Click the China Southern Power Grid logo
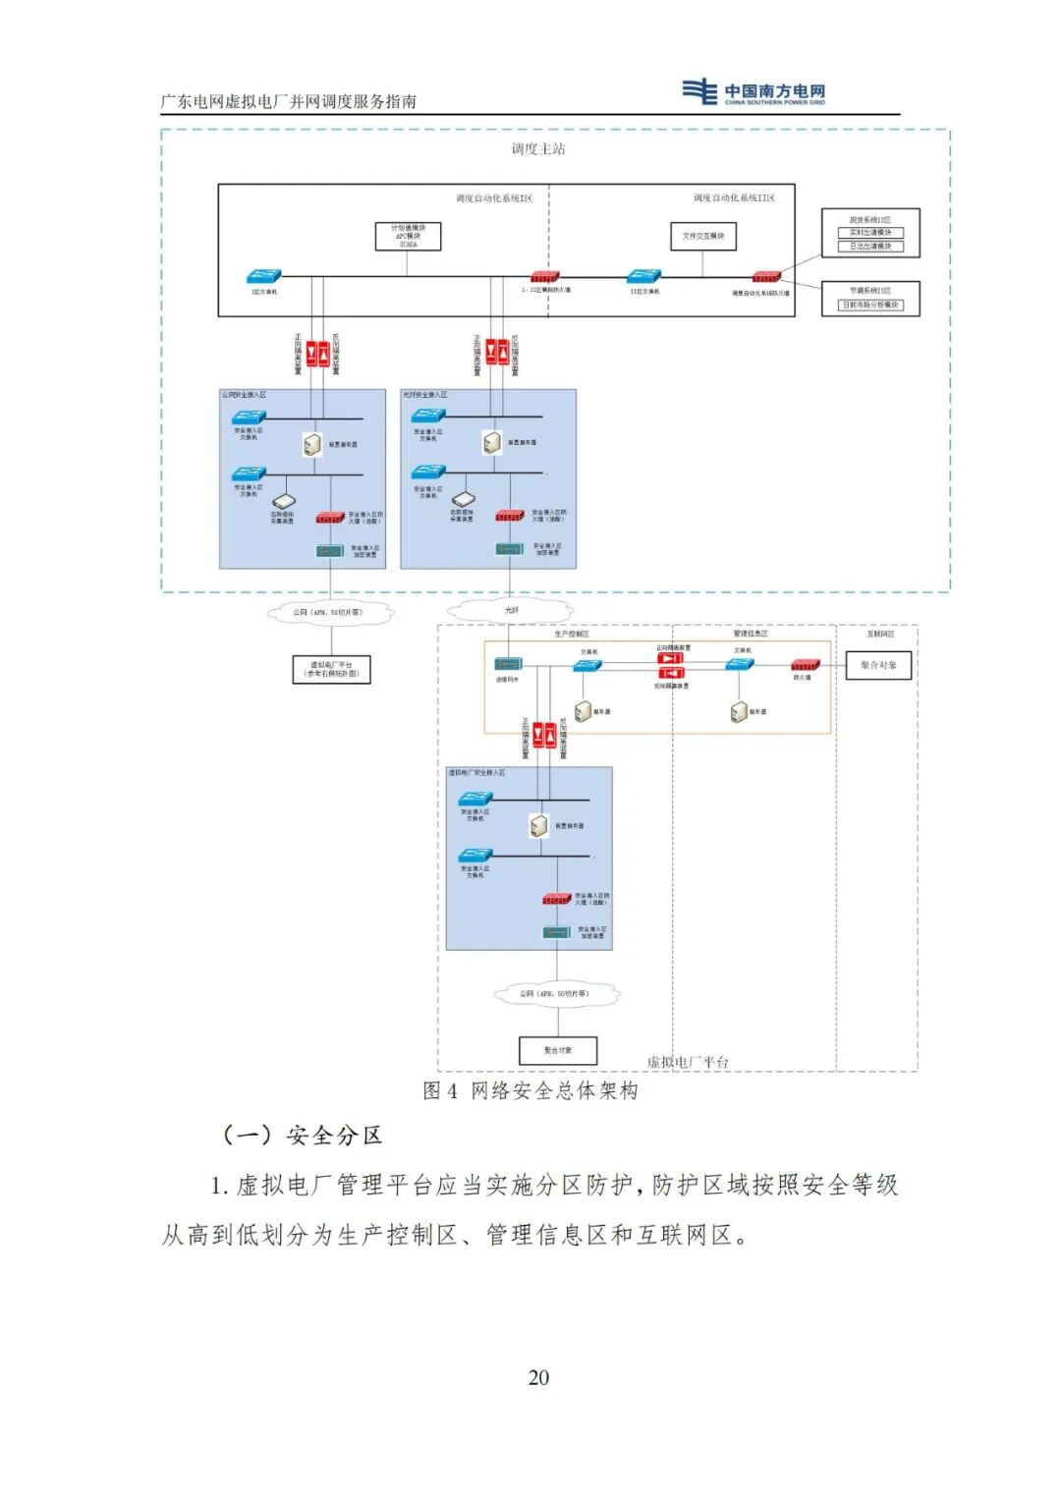(x=754, y=91)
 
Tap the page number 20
(x=538, y=1377)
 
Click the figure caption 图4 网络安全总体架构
(x=530, y=1090)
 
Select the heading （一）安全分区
(x=302, y=1136)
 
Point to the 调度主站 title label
(x=537, y=149)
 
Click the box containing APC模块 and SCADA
(x=408, y=236)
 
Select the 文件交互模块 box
(x=702, y=236)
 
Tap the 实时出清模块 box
(x=870, y=233)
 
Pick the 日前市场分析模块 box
(x=870, y=305)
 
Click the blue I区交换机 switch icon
(x=264, y=277)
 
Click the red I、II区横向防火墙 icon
(x=544, y=277)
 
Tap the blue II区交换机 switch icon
(x=643, y=277)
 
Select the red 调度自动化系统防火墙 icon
(x=766, y=278)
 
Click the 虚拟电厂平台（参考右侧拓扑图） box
(x=332, y=669)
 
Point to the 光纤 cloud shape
(x=511, y=610)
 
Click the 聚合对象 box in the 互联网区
(x=878, y=665)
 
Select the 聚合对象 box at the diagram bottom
(x=557, y=1050)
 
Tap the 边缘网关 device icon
(x=507, y=665)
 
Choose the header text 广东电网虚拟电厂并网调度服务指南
(x=289, y=101)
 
